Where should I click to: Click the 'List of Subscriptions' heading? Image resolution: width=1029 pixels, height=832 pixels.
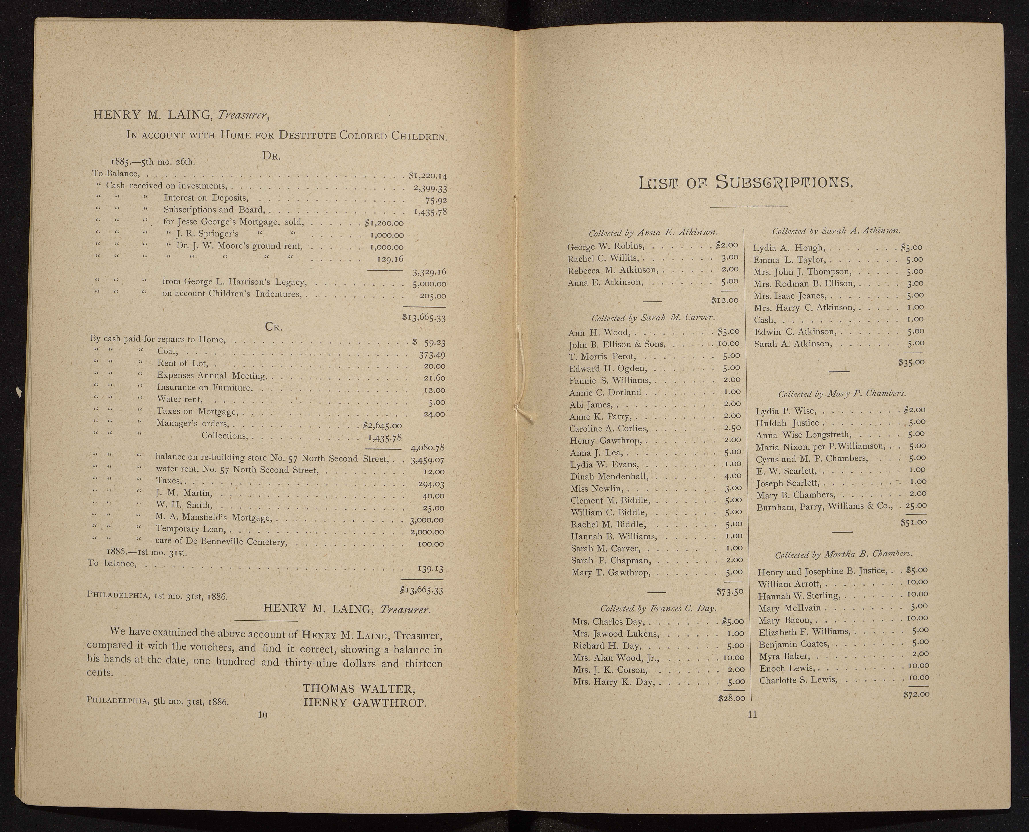pos(746,183)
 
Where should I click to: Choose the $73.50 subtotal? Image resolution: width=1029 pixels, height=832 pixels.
pos(729,591)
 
